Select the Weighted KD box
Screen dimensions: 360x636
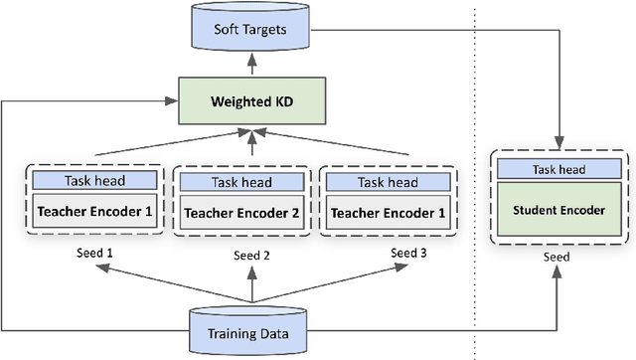[x=251, y=101]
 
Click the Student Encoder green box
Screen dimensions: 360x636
[x=562, y=210]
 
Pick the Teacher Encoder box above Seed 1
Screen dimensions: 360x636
[x=93, y=211]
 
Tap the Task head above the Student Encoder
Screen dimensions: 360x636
[x=562, y=171]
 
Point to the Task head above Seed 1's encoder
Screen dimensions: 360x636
[x=93, y=182]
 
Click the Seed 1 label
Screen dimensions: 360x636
[x=94, y=253]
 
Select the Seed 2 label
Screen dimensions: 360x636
[x=251, y=256]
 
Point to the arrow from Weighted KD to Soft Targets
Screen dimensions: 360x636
[x=251, y=65]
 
